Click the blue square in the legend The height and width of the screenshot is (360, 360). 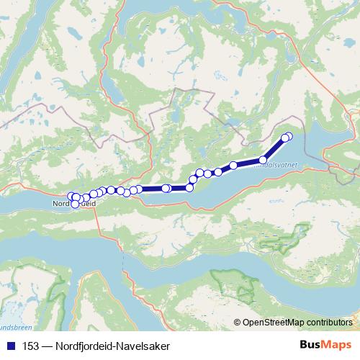(11, 345)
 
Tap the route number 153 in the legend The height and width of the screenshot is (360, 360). (31, 345)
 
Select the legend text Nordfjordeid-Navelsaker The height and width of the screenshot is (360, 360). (111, 345)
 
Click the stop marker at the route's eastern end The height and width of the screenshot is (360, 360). (289, 136)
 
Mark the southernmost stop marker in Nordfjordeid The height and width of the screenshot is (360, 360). (75, 204)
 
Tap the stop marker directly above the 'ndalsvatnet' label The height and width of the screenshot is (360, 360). (264, 160)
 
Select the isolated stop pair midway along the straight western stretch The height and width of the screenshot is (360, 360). (166, 189)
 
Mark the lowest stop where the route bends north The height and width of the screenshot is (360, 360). (190, 187)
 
